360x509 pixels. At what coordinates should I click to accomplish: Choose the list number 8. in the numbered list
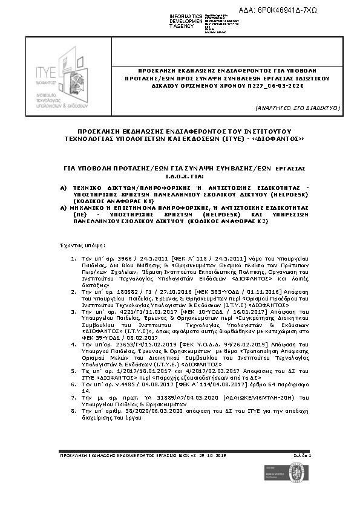73,410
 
